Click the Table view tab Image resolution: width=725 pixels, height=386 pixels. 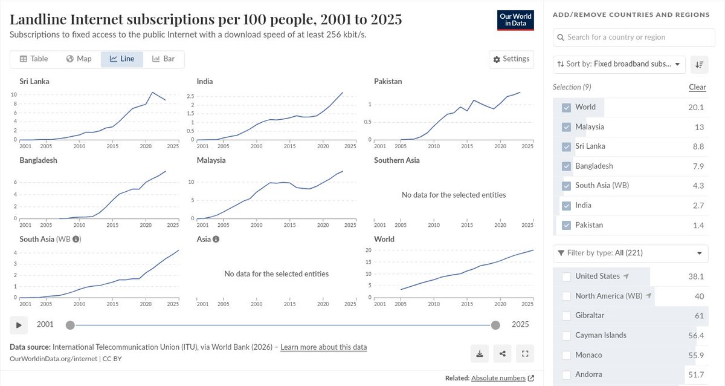(x=34, y=59)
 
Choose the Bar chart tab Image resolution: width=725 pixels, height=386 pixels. (x=163, y=59)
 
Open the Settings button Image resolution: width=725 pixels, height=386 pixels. (x=511, y=59)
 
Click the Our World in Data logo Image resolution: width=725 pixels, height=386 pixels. (x=516, y=21)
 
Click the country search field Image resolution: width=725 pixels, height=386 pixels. (x=634, y=37)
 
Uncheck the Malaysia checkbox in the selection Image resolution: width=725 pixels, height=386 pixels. (x=566, y=127)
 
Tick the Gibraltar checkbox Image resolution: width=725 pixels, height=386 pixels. (x=566, y=316)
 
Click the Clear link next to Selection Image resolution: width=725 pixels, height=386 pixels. (x=697, y=87)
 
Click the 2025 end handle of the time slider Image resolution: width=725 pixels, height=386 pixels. (x=495, y=325)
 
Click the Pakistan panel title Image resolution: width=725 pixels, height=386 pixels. (x=388, y=81)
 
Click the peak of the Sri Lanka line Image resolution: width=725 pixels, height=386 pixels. (x=152, y=92)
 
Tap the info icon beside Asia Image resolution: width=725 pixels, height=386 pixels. (x=216, y=239)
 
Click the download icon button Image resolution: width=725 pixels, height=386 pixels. (x=480, y=353)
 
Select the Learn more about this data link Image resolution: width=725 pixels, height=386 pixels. (x=323, y=347)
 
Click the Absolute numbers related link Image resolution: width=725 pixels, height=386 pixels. (x=498, y=378)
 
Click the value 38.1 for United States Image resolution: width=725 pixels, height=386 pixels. (x=696, y=276)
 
